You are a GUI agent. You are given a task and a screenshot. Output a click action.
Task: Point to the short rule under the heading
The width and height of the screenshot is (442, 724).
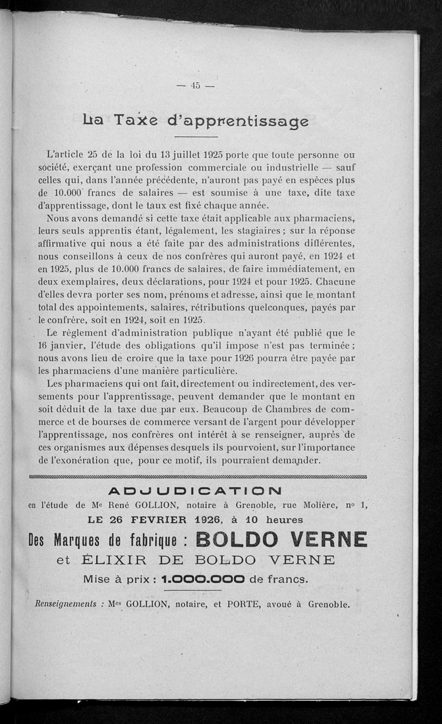coord(196,137)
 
